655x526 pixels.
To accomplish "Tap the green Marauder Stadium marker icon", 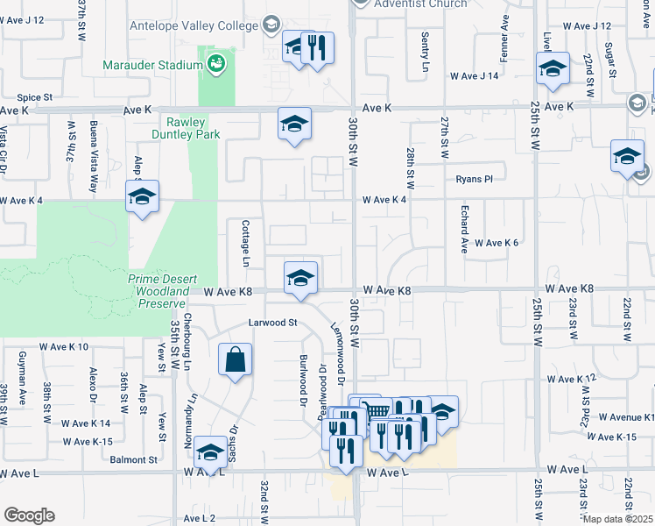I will click(x=215, y=64).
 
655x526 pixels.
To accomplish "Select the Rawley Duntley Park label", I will click(x=188, y=128).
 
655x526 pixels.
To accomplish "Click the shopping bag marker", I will click(x=236, y=359).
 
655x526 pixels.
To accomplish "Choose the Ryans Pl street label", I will click(x=475, y=179).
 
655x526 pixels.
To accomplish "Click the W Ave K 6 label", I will click(x=497, y=243).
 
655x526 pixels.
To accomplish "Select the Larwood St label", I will click(x=273, y=323).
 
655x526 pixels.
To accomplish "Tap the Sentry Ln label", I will click(x=425, y=53).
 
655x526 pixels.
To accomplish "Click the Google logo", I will click(x=28, y=515).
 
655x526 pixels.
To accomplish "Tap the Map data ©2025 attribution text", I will click(x=618, y=519).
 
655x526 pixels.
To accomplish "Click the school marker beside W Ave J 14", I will click(x=553, y=70).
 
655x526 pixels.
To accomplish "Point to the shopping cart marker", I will click(x=377, y=412).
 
